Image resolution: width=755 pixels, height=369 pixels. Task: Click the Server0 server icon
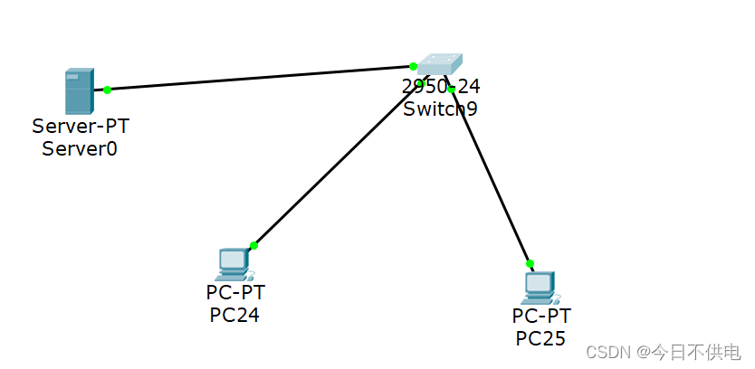point(78,91)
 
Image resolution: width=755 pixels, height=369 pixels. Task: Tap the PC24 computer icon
point(234,263)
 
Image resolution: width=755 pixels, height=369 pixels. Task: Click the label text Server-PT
point(80,126)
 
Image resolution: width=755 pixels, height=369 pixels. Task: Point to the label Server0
point(80,148)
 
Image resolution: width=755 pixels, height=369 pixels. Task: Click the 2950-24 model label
point(441,87)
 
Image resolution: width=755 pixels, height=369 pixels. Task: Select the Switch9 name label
point(440,109)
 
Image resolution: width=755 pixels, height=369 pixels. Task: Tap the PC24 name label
point(234,314)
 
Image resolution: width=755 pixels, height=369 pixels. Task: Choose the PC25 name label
point(540,338)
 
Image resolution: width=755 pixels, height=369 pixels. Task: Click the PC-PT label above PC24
point(235,292)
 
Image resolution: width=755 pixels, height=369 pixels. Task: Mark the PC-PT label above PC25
point(541,316)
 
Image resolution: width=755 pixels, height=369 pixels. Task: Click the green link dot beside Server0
point(107,90)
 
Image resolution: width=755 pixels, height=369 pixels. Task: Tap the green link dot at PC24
point(254,245)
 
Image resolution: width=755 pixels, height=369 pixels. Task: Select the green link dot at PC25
point(530,264)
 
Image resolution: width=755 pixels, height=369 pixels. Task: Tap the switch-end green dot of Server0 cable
point(413,66)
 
